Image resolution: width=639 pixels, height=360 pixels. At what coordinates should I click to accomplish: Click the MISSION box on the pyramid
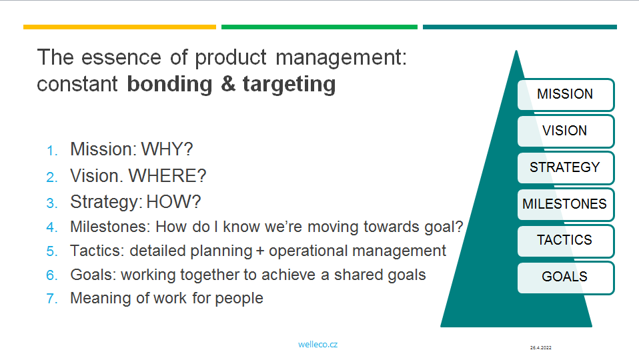pyautogui.click(x=566, y=95)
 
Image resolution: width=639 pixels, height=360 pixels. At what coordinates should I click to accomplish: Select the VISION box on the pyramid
pyautogui.click(x=566, y=131)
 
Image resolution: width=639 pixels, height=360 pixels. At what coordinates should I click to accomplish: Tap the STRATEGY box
pyautogui.click(x=566, y=168)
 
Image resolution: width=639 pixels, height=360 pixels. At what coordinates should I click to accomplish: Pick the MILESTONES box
pyautogui.click(x=566, y=204)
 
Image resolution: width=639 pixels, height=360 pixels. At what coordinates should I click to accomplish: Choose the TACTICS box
pyautogui.click(x=566, y=241)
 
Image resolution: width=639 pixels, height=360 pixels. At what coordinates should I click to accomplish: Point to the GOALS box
pyautogui.click(x=566, y=277)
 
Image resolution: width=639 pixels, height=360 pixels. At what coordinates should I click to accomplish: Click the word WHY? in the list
pyautogui.click(x=167, y=149)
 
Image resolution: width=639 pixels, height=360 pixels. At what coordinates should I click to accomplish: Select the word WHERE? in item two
pyautogui.click(x=167, y=176)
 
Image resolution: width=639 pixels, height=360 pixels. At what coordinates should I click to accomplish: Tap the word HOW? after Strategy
pyautogui.click(x=173, y=202)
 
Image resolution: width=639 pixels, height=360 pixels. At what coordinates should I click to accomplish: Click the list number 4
pyautogui.click(x=52, y=227)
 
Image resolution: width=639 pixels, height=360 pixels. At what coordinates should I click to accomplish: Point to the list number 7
pyautogui.click(x=52, y=299)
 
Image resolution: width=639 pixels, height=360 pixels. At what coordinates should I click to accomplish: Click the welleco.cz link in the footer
pyautogui.click(x=318, y=345)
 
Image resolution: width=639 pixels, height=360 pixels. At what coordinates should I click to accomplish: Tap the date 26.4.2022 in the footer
pyautogui.click(x=541, y=348)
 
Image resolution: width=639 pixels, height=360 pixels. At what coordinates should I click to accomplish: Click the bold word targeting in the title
pyautogui.click(x=289, y=85)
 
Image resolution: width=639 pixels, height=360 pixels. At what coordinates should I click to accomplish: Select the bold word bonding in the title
pyautogui.click(x=170, y=84)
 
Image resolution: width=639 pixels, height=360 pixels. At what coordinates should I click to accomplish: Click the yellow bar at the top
pyautogui.click(x=120, y=27)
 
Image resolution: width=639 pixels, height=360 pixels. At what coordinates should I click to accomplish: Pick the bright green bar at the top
pyautogui.click(x=319, y=27)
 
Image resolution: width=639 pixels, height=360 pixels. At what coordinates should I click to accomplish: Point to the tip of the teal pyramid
pyautogui.click(x=516, y=51)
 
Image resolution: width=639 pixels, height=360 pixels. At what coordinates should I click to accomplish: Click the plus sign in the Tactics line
pyautogui.click(x=260, y=251)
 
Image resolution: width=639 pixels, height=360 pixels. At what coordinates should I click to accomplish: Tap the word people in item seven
pyautogui.click(x=239, y=299)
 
